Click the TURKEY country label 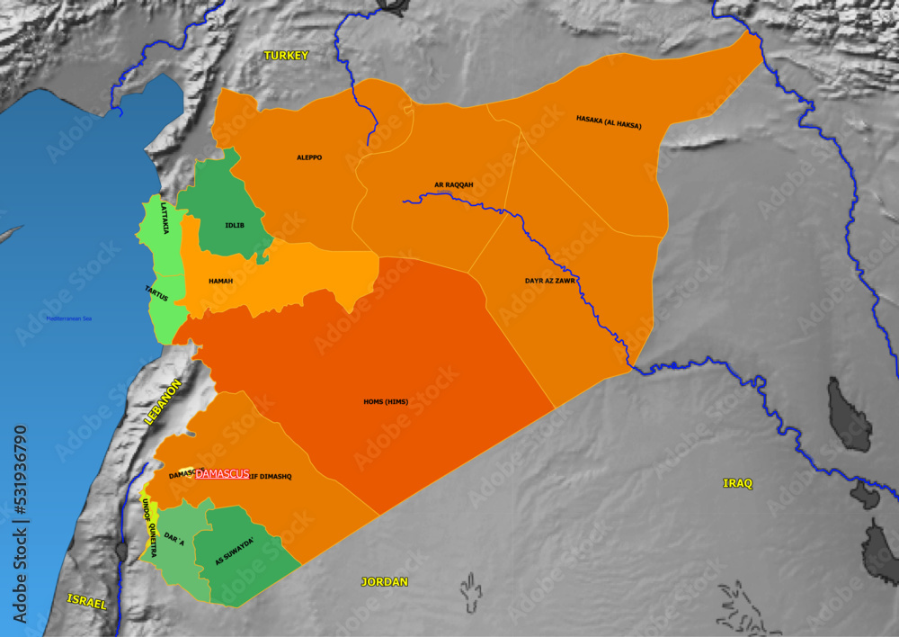tap(286, 56)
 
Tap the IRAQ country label tap(737, 483)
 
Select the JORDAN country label tap(385, 581)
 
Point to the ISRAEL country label tap(87, 602)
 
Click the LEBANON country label tap(163, 401)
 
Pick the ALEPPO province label tap(309, 157)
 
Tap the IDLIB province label tap(234, 225)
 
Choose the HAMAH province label tap(220, 282)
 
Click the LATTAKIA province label tap(165, 218)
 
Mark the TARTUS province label tap(156, 293)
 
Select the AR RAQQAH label tap(453, 185)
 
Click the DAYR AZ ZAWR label tap(550, 281)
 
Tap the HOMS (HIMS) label tap(386, 401)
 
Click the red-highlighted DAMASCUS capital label tap(222, 474)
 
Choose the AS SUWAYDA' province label tap(235, 550)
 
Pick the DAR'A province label tap(174, 538)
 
